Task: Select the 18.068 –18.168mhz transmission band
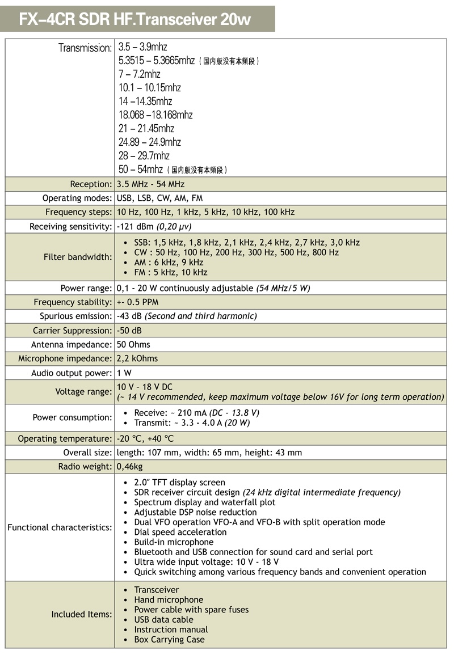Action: click(155, 115)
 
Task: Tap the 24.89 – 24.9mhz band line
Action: click(149, 142)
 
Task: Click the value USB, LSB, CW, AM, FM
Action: click(159, 198)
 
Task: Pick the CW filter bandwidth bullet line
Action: click(236, 252)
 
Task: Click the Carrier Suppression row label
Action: click(73, 331)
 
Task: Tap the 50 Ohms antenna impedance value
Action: click(133, 345)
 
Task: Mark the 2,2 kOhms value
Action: click(137, 358)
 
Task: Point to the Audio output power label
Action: click(72, 373)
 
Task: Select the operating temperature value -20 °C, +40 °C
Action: click(145, 439)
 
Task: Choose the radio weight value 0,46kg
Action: click(129, 467)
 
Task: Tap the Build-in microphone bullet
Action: click(174, 542)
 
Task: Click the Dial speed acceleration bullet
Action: click(180, 532)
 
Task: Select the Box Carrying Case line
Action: click(169, 640)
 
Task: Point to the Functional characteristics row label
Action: click(60, 527)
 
